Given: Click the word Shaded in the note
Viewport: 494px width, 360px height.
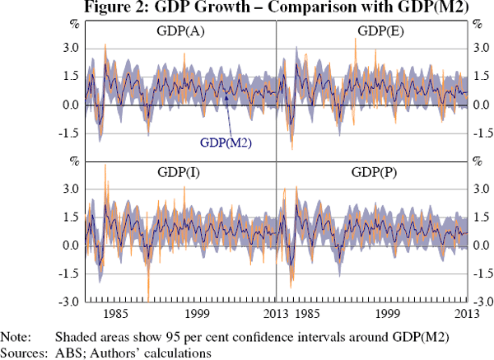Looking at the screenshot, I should tap(74, 337).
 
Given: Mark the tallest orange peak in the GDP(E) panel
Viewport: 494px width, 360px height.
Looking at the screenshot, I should tap(355, 39).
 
